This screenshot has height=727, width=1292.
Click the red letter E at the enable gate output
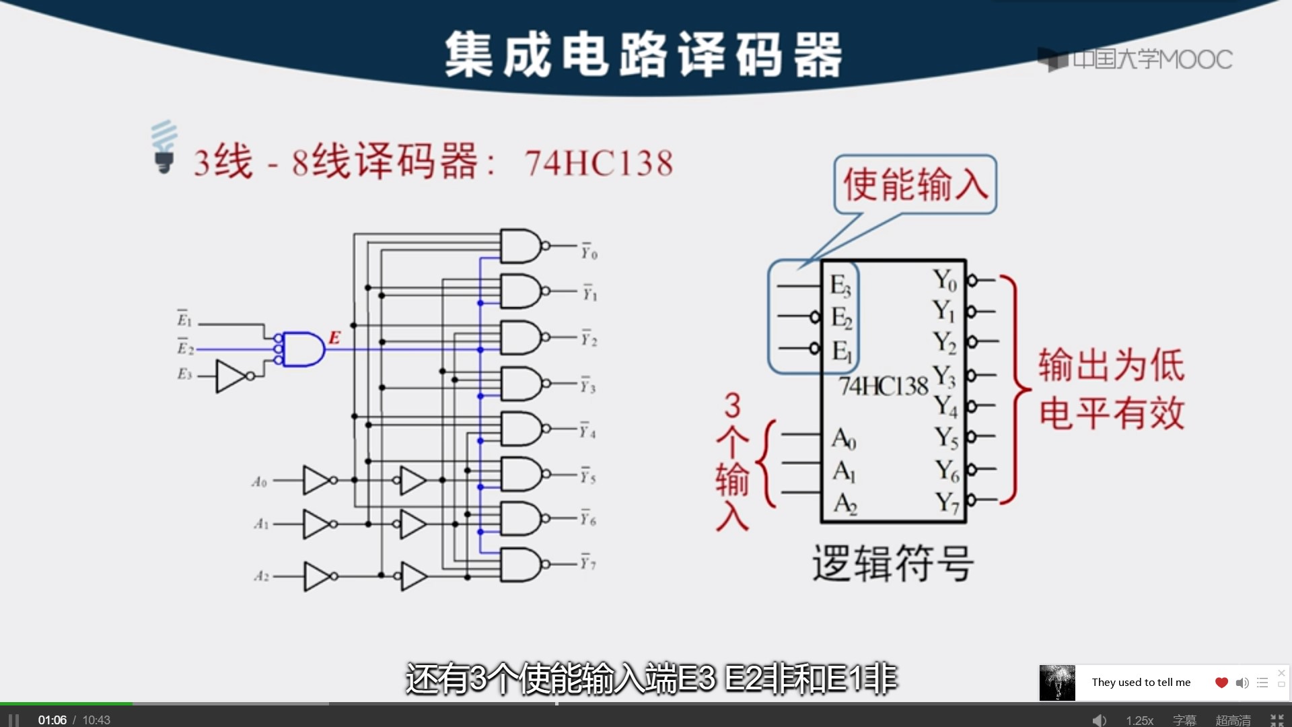click(x=334, y=338)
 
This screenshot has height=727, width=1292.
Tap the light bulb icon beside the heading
click(x=164, y=147)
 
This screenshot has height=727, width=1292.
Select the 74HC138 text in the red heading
click(x=598, y=163)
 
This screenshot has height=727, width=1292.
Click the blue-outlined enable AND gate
click(x=302, y=349)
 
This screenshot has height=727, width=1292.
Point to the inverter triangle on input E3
click(x=231, y=376)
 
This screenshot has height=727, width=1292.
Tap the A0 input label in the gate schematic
click(x=260, y=482)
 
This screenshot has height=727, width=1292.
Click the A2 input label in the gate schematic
click(x=261, y=576)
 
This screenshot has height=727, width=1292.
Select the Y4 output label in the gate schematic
click(x=588, y=431)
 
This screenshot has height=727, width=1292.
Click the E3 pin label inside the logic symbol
click(x=840, y=285)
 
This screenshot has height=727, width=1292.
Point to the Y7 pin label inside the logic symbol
click(x=946, y=502)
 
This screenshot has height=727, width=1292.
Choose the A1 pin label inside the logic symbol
click(x=844, y=471)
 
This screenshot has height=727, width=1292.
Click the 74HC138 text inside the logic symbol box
click(x=883, y=386)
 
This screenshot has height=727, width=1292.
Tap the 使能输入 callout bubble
click(x=915, y=184)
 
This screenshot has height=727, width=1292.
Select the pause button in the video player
click(x=13, y=720)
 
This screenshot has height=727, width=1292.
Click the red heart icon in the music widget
click(x=1221, y=683)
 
